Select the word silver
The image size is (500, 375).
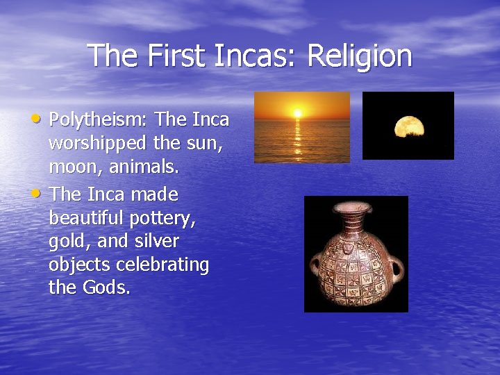pos(156,242)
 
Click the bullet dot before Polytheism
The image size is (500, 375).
pos(41,118)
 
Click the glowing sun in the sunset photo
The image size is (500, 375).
pos(297,112)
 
